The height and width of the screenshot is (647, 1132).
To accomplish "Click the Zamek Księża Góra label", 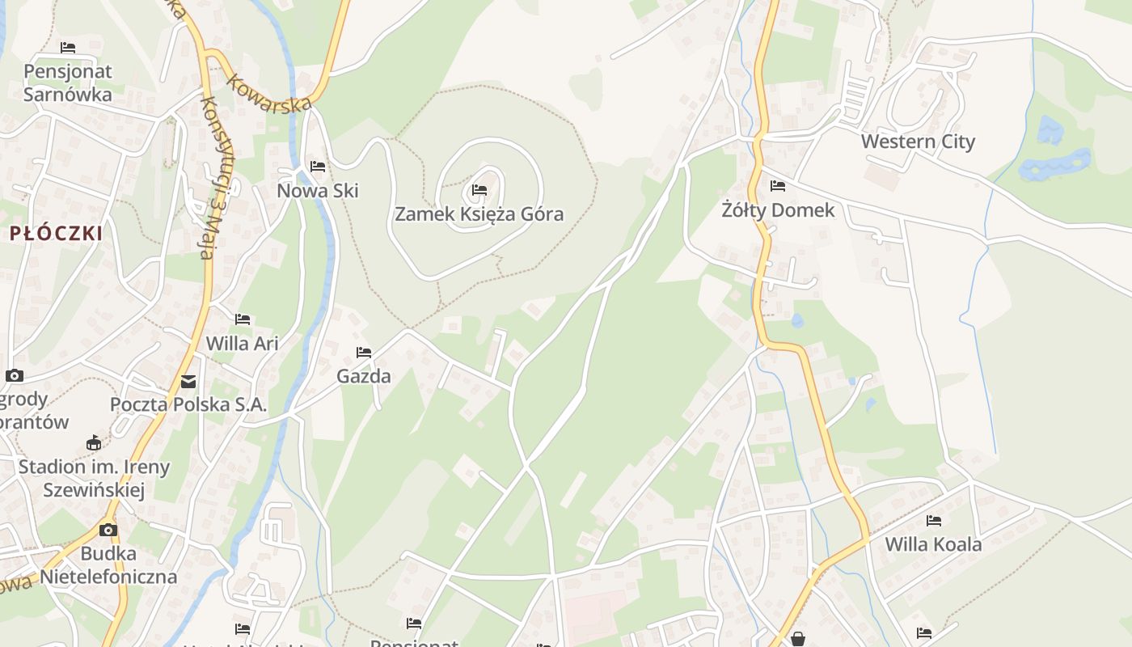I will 479,214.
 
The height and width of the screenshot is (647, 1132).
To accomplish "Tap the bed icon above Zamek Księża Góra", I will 479,191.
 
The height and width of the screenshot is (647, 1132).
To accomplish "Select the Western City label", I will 918,142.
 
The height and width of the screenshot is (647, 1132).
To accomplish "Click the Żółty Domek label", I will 778,210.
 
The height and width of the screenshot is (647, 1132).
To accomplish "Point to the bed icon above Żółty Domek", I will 778,186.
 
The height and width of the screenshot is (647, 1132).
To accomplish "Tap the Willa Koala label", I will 933,544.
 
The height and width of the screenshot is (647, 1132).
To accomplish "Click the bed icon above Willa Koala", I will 934,520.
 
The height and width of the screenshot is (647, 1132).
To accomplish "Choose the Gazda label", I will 364,376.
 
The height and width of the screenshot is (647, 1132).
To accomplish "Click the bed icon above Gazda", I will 364,353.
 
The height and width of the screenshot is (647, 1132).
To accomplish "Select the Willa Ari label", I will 242,343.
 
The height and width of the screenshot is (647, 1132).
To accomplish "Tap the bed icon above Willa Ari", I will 242,319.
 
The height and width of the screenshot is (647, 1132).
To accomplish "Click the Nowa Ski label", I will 318,191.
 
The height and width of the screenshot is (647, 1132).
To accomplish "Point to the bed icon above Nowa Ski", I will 318,167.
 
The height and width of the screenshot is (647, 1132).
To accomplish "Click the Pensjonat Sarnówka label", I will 68,82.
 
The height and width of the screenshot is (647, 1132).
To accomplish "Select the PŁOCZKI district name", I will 57,234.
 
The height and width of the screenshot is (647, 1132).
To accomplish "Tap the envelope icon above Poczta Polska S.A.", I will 188,381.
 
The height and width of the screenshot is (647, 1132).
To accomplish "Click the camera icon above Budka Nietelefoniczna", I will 108,531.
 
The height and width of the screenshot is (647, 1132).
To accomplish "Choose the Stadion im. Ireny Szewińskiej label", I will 94,478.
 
